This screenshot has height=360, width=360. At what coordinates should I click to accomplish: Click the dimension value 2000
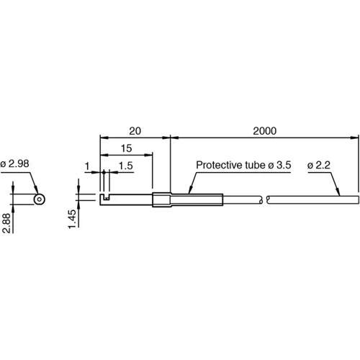pos(265,131)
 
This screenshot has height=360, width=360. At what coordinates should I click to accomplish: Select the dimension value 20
pos(134,131)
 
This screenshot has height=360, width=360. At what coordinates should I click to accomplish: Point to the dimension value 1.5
pos(125,166)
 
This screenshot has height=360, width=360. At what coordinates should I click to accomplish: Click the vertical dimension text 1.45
pos(72,217)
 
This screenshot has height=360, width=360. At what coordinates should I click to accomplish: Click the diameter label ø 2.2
pos(320,166)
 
